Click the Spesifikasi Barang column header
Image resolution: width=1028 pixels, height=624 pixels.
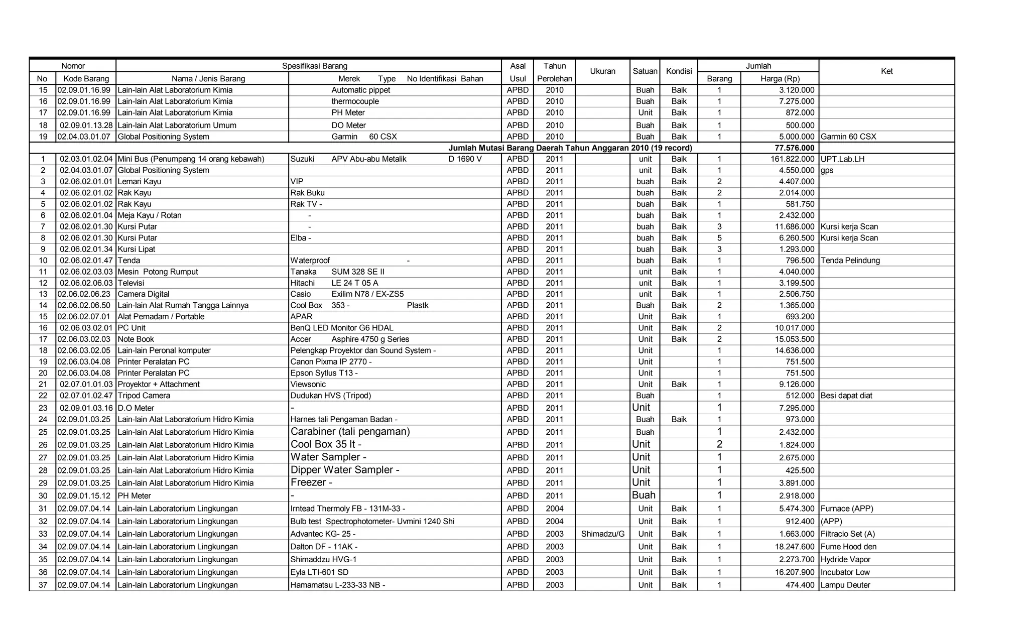tap(314, 66)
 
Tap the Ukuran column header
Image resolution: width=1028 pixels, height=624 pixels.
tap(602, 71)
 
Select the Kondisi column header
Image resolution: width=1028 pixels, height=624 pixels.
tap(679, 71)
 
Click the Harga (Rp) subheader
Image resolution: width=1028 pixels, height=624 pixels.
tap(780, 78)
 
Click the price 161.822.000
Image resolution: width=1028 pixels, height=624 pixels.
tap(792, 159)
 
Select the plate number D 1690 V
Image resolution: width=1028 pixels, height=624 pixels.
tap(465, 159)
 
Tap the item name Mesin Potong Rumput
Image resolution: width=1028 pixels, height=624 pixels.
tap(158, 272)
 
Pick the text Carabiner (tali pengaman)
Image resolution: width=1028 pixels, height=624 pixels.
tap(350, 432)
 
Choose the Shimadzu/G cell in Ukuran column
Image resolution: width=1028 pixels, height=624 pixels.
tap(602, 534)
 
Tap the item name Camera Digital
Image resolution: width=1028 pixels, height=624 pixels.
tap(144, 294)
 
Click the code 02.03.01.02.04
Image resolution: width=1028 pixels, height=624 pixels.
tap(86, 159)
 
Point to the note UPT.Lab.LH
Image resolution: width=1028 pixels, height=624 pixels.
tap(842, 159)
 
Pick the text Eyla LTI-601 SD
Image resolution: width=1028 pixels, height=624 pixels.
tap(319, 572)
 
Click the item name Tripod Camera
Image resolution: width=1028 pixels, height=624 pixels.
tap(144, 396)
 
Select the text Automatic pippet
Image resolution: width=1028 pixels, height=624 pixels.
tap(360, 90)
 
